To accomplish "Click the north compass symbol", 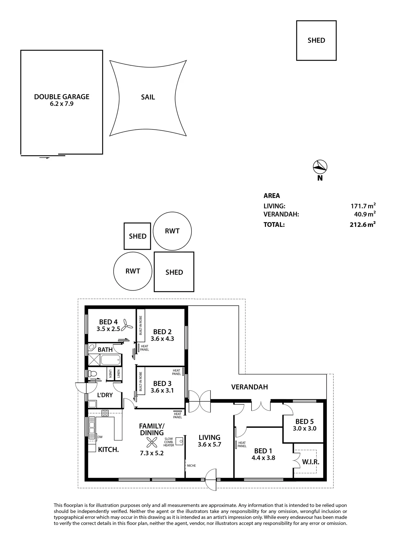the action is coord(320,167).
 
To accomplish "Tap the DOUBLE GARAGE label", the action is coord(62,97).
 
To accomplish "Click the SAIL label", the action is coord(148,97).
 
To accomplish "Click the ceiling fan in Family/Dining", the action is coord(152,442).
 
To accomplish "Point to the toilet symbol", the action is coord(92,373).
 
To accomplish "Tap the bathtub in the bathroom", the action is coord(111,360).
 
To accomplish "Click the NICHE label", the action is coord(191,466).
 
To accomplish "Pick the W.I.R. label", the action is coord(311,462).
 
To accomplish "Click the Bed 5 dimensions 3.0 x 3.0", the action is coord(305,428).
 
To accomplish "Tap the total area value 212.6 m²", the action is coord(363,224).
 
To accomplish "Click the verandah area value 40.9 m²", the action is coord(365,214).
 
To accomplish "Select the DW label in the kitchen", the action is coord(100,437).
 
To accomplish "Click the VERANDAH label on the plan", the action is coord(250,387).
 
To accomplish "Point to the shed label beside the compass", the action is coord(316,40).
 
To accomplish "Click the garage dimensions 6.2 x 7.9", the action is coord(62,104).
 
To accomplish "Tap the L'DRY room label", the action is coord(105,395).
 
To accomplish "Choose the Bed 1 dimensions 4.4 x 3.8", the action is coord(263,458).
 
